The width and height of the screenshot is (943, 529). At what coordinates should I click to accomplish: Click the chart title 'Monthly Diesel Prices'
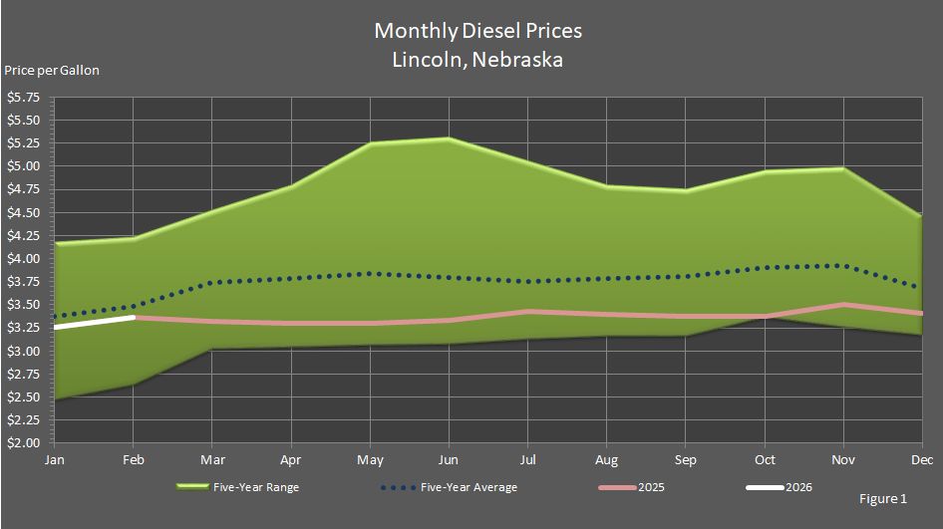click(477, 31)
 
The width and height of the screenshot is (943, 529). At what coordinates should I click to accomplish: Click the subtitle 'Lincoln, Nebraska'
click(477, 60)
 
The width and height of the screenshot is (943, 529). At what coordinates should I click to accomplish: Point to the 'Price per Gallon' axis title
click(52, 71)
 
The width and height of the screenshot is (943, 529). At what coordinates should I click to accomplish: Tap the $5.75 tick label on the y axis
click(24, 98)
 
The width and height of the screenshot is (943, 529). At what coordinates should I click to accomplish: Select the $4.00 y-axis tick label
click(24, 259)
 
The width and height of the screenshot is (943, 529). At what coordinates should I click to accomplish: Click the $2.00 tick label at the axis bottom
click(24, 443)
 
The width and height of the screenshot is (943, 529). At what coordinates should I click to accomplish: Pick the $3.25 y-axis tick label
click(24, 328)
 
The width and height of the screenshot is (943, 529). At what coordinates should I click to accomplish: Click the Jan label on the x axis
click(55, 460)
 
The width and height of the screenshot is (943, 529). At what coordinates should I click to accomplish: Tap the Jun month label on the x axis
click(449, 460)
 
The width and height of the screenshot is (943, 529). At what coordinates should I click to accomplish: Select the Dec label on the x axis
click(921, 460)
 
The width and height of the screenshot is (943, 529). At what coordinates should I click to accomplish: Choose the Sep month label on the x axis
click(685, 460)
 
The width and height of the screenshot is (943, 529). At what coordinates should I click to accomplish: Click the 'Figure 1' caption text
click(882, 497)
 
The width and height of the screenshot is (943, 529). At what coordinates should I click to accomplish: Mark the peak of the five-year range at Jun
click(449, 138)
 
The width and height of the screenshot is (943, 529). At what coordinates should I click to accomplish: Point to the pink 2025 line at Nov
click(843, 305)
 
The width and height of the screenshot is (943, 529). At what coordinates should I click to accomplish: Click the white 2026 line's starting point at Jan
click(57, 326)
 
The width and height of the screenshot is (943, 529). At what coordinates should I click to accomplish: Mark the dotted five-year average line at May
click(370, 273)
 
